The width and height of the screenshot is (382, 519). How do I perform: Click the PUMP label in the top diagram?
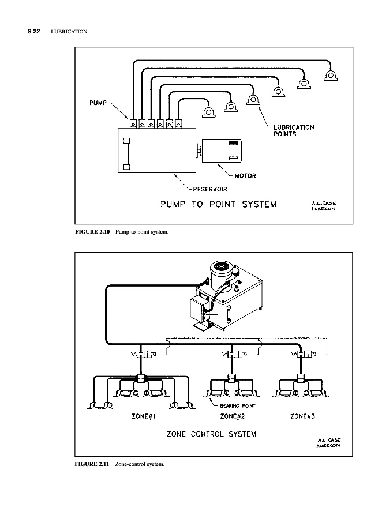(98, 103)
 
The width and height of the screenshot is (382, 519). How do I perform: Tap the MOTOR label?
(245, 176)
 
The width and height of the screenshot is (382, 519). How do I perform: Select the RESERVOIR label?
(210, 189)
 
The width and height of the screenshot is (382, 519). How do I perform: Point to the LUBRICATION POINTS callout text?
(294, 130)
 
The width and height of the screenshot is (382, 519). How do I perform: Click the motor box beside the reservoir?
(222, 151)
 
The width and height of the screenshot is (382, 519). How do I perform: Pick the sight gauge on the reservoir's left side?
(126, 153)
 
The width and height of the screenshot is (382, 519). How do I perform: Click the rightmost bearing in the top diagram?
(331, 75)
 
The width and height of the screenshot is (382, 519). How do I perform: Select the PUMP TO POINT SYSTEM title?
(218, 204)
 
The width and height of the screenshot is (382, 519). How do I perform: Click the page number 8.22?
(34, 32)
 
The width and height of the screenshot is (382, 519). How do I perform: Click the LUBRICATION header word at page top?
(69, 32)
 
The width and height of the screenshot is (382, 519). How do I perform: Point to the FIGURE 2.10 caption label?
(92, 232)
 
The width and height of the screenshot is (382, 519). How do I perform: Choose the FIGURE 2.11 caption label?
(92, 464)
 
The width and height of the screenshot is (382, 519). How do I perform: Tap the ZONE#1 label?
(144, 416)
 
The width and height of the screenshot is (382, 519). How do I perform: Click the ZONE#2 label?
(232, 416)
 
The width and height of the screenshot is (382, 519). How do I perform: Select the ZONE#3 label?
(302, 416)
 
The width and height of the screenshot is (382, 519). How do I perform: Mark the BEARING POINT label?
(238, 406)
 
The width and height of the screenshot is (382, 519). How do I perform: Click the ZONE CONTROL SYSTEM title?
(211, 434)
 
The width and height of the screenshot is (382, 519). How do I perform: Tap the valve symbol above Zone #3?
(304, 355)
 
